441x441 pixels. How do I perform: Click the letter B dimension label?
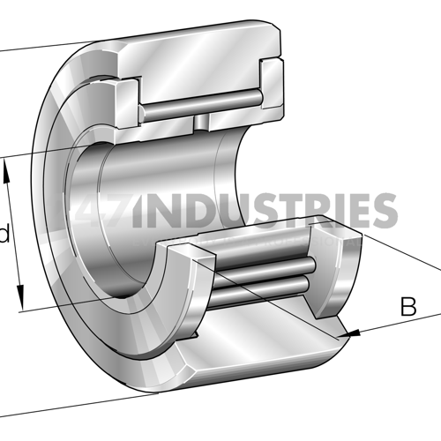tap(407, 307)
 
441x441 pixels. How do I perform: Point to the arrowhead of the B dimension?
tap(354, 333)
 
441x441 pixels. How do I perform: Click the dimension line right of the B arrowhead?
tap(397, 323)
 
